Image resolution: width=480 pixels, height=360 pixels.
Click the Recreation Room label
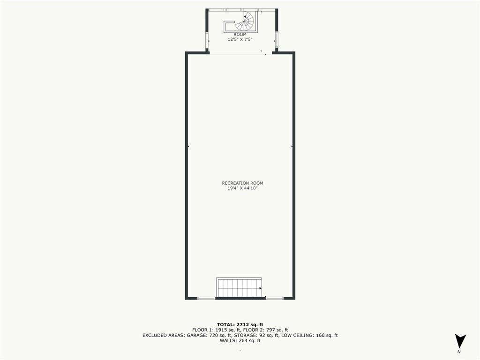click(242, 183)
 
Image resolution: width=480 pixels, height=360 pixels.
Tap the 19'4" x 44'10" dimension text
click(242, 188)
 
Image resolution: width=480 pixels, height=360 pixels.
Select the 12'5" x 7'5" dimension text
click(240, 39)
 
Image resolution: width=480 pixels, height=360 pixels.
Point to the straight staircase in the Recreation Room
click(239, 287)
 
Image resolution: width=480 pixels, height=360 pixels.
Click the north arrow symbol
click(460, 341)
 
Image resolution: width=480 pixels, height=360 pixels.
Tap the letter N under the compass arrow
click(459, 352)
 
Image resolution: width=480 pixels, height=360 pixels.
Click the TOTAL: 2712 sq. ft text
click(240, 324)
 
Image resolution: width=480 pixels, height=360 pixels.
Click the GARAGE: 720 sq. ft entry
click(209, 335)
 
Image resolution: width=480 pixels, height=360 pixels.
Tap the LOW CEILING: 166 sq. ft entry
click(309, 335)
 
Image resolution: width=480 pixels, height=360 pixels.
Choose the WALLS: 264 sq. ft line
click(240, 340)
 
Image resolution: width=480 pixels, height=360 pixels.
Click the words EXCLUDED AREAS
click(163, 335)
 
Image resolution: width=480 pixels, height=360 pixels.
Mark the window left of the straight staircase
click(206, 298)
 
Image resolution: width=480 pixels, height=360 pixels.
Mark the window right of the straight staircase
click(275, 298)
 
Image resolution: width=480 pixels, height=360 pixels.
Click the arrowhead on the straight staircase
click(261, 288)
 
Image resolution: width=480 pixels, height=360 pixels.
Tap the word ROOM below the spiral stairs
click(240, 35)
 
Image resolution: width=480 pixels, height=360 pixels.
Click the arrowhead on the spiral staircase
click(245, 17)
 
